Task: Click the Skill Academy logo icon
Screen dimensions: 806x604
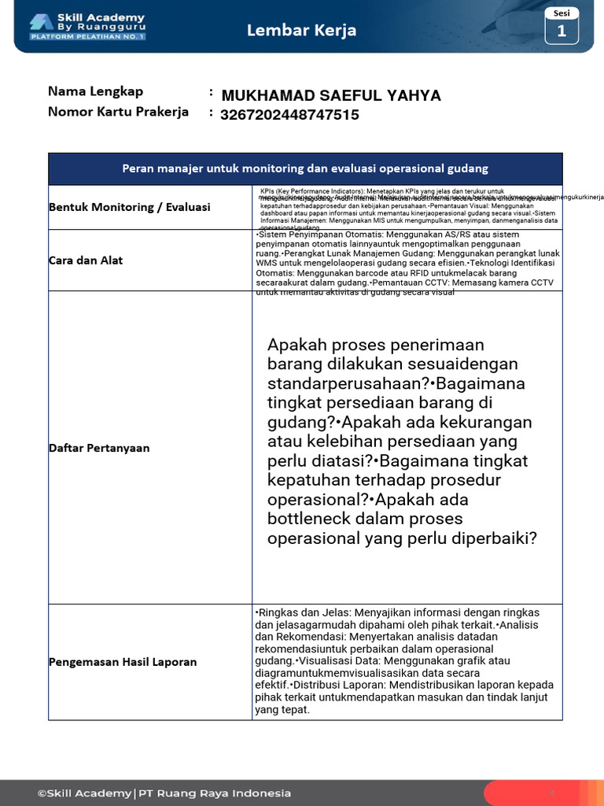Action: click(42, 21)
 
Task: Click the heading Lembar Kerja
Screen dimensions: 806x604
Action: click(301, 30)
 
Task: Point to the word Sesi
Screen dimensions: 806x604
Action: click(562, 13)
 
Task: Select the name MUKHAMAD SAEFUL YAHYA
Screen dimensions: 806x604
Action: click(331, 96)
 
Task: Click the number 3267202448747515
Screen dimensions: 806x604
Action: click(289, 115)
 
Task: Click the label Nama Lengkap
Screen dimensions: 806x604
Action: click(95, 91)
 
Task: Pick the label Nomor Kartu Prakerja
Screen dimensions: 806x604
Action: click(118, 112)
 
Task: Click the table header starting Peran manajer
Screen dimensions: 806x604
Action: click(305, 168)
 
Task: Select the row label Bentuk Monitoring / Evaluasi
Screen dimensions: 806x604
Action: click(130, 207)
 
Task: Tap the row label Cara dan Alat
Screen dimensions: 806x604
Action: click(86, 261)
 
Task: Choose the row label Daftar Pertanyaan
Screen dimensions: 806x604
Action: click(99, 448)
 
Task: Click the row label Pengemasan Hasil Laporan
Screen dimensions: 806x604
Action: click(123, 662)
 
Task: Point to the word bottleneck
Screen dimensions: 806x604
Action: click(309, 519)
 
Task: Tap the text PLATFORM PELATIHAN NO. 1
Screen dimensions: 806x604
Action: click(87, 36)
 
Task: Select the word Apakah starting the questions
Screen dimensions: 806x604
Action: click(296, 346)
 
